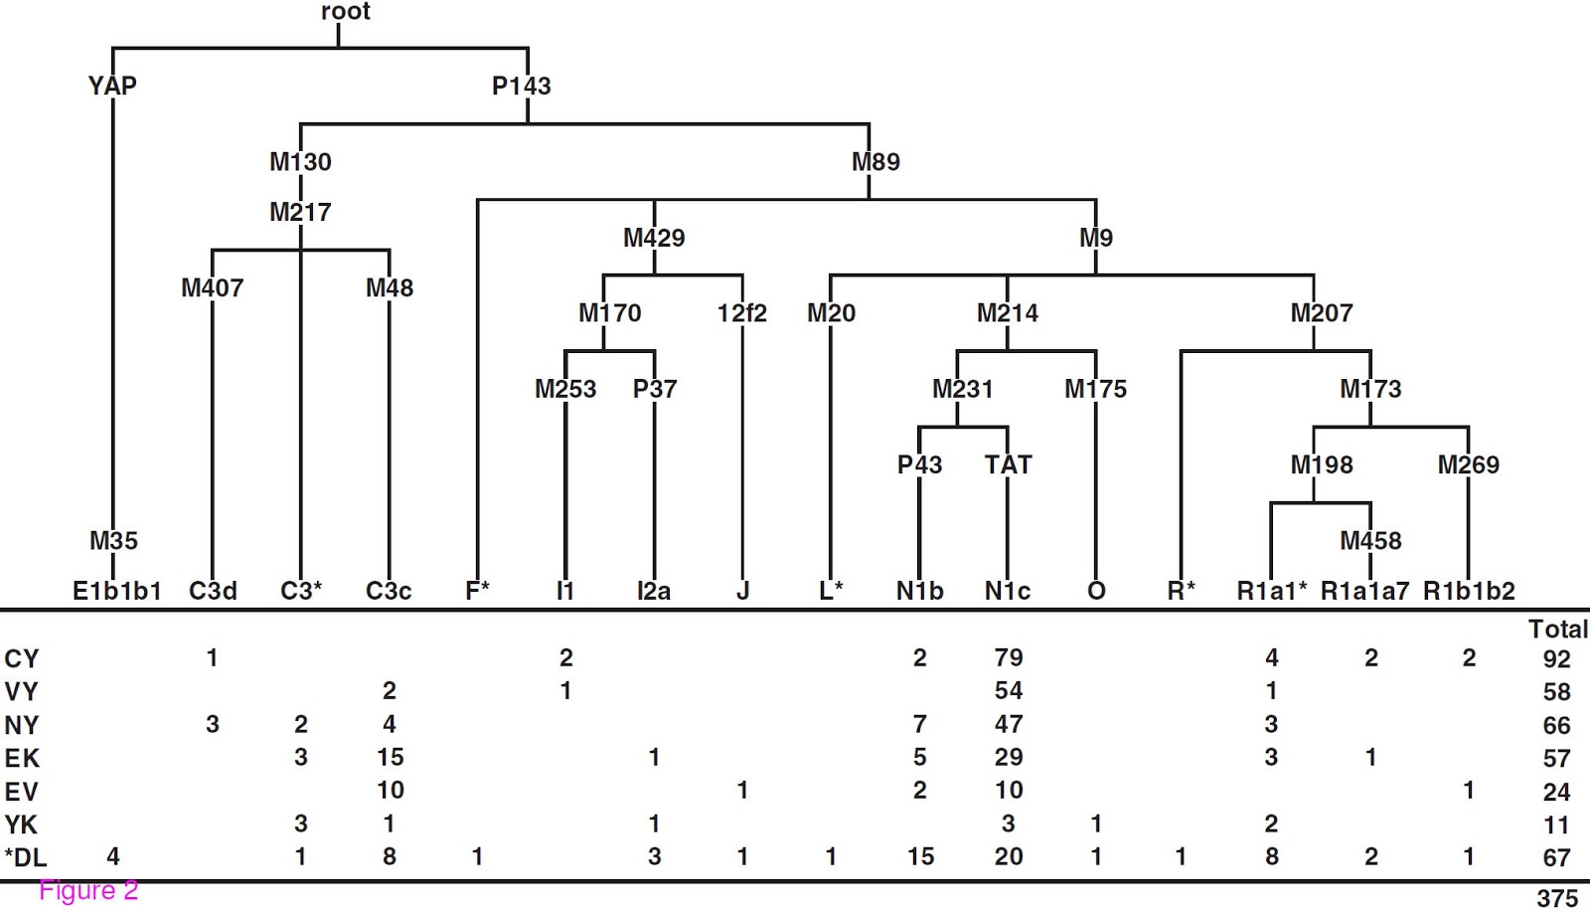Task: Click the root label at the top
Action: tap(345, 12)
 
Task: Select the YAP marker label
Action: tap(112, 86)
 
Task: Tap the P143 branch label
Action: tap(521, 86)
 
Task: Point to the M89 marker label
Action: tap(875, 161)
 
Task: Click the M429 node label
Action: tap(654, 238)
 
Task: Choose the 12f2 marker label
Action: tap(741, 313)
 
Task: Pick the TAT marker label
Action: tap(1008, 464)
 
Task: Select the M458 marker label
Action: tap(1370, 540)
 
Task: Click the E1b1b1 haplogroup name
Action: tap(117, 591)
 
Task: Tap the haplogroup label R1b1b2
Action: tap(1469, 591)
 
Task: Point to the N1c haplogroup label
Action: tap(1008, 591)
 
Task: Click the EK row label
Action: tap(22, 758)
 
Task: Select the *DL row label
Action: tap(25, 857)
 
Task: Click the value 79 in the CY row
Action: tap(1009, 657)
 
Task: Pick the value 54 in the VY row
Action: tap(1009, 690)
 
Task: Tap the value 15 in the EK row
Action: tap(390, 757)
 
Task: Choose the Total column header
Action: tap(1557, 629)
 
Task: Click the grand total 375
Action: tap(1556, 898)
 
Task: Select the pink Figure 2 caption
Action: tap(88, 890)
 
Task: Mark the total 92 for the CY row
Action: tap(1556, 658)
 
